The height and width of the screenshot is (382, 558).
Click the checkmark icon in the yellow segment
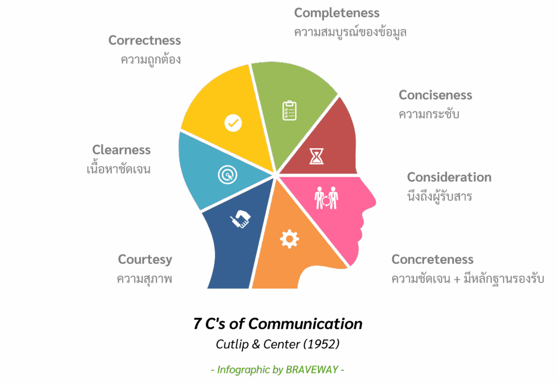click(x=233, y=123)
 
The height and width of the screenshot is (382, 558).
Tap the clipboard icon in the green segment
click(x=289, y=111)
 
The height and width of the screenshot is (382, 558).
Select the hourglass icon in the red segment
click(x=317, y=156)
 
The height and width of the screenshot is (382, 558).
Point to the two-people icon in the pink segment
click(x=326, y=198)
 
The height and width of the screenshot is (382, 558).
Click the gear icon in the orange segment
click(x=289, y=239)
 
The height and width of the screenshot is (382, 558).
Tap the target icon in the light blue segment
click(x=227, y=175)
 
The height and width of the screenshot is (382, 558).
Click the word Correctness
click(x=144, y=40)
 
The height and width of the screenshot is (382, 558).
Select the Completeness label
click(x=337, y=13)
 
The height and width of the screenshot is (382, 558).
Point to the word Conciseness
click(x=435, y=95)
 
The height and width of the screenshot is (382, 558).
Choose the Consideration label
click(x=449, y=177)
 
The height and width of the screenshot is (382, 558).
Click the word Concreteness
click(x=432, y=259)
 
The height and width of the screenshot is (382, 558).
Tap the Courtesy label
click(x=145, y=259)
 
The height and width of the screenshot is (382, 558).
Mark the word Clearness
click(x=122, y=149)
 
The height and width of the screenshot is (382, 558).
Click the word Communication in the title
click(x=305, y=324)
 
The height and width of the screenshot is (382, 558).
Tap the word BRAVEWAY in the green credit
click(x=312, y=369)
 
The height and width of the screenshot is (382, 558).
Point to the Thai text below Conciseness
click(x=429, y=114)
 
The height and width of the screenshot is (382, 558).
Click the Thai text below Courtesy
click(x=144, y=278)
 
